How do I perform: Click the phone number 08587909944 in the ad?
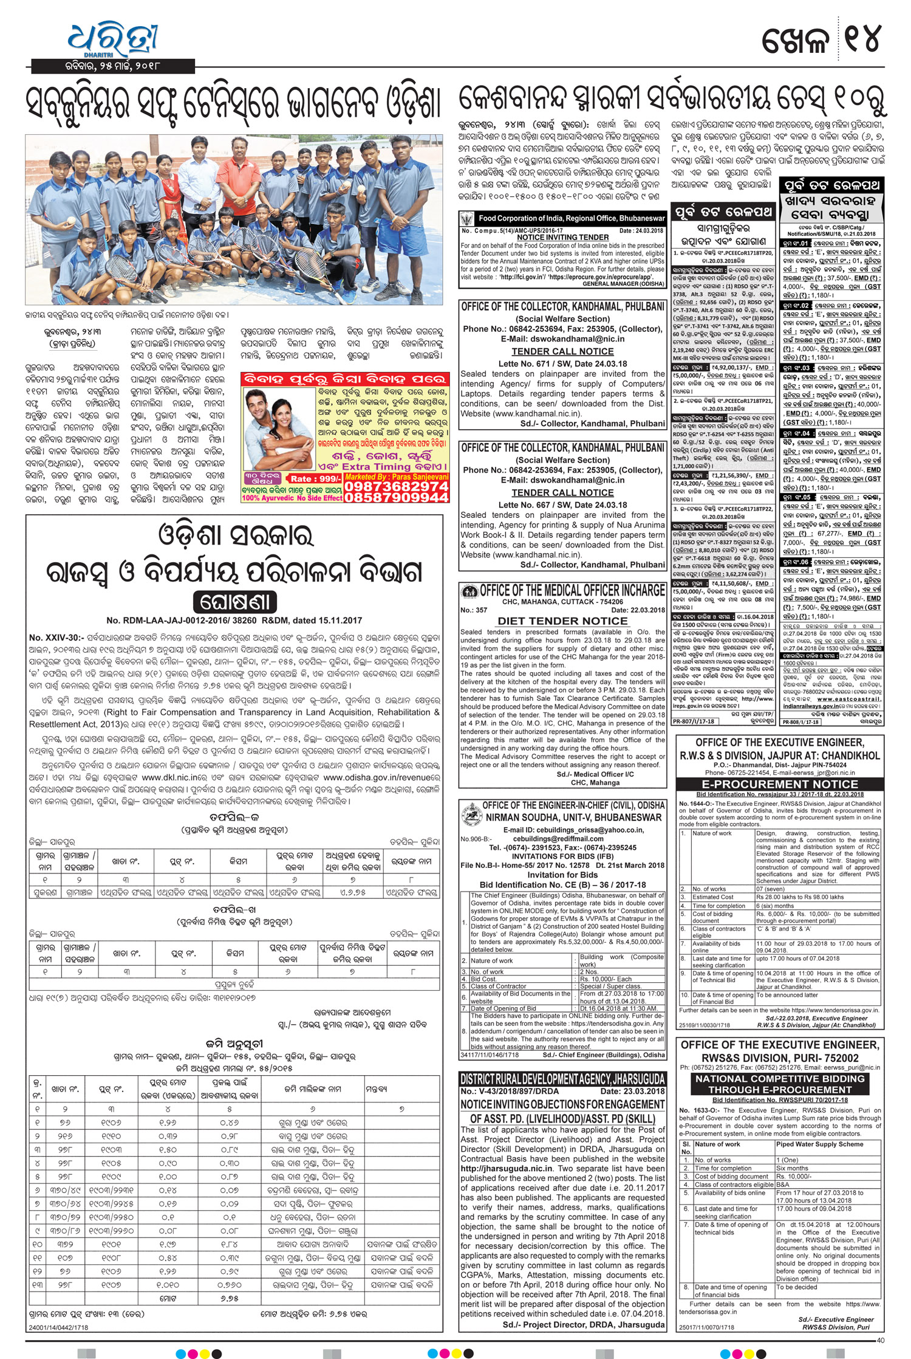(397, 498)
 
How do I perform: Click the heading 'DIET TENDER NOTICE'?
(562, 621)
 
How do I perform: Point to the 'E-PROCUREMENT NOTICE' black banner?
(780, 784)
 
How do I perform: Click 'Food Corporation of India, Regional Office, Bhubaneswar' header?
(571, 218)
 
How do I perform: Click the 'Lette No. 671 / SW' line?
(562, 363)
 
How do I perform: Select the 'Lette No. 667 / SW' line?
(562, 504)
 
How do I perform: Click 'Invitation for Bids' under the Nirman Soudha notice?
(562, 875)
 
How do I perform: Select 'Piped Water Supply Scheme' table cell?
(819, 1144)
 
